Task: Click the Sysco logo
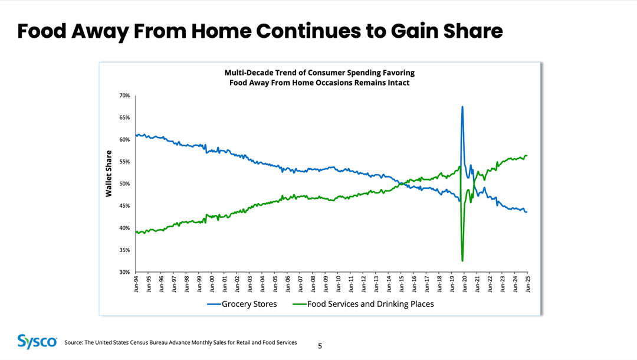coord(37,342)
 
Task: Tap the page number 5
coord(320,346)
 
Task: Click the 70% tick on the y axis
coord(124,96)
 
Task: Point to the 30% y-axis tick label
coord(124,272)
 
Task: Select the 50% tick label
coord(124,184)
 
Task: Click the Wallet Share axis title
coord(109,174)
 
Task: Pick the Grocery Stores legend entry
coord(241,304)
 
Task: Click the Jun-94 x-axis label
coord(136,284)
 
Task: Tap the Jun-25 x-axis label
coord(528,284)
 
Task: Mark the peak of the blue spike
coord(462,107)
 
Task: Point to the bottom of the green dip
coord(462,261)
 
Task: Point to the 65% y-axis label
coord(124,118)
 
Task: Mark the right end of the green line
coord(527,156)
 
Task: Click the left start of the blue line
coord(136,135)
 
